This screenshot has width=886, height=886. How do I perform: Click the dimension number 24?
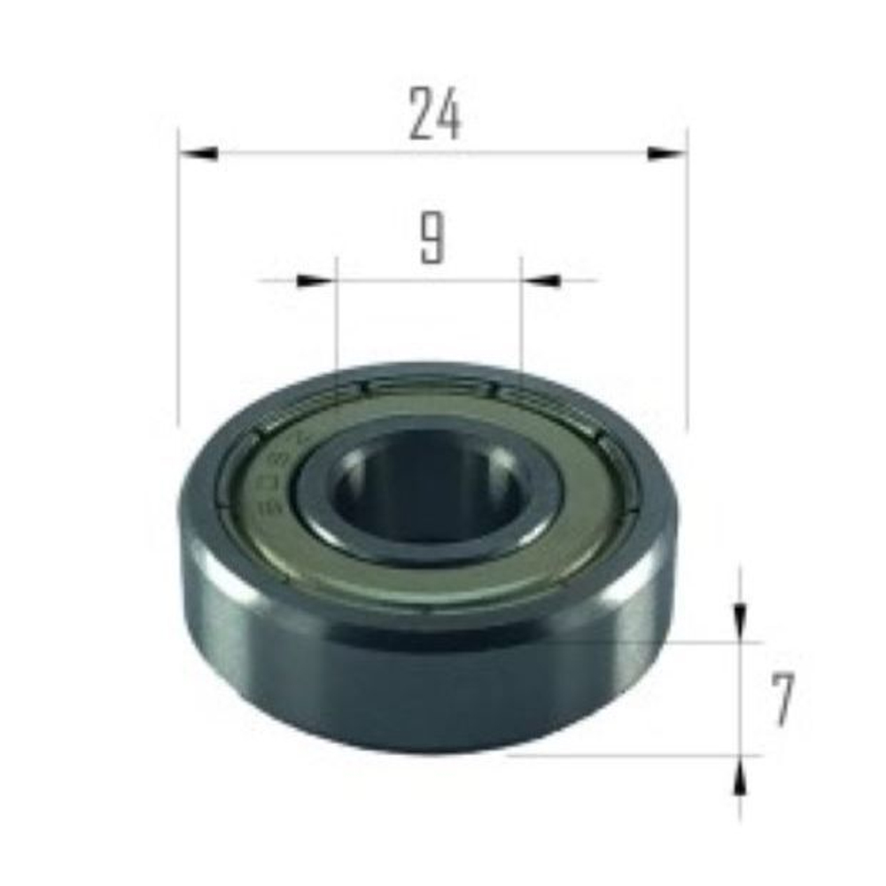tap(435, 116)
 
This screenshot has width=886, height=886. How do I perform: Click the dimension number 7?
tap(781, 700)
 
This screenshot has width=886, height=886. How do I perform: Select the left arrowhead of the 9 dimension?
tap(315, 281)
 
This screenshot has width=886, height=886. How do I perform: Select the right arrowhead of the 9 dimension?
tap(542, 281)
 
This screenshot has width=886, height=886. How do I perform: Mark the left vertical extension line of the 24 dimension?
tap(179, 284)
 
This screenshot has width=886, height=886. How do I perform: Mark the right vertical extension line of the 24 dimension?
tap(688, 284)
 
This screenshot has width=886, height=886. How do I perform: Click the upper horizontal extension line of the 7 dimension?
tap(700, 641)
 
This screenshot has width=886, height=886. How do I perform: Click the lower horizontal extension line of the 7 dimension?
tap(638, 756)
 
